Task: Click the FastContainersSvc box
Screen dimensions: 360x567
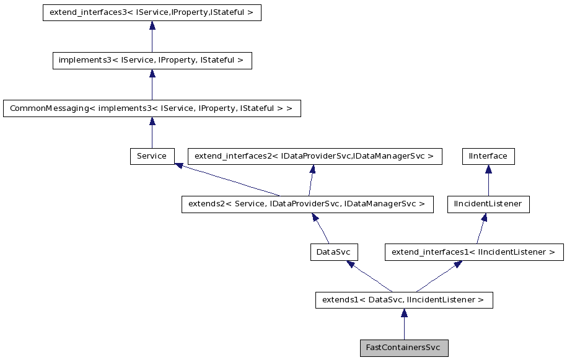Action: click(403, 348)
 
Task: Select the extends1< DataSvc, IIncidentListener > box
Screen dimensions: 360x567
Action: click(403, 300)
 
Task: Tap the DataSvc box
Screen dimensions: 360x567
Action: click(334, 252)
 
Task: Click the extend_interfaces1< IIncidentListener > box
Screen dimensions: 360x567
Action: click(474, 252)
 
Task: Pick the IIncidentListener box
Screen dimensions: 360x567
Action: click(488, 204)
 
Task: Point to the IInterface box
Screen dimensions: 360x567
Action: click(488, 156)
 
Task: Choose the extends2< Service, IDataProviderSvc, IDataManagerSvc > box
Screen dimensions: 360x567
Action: click(307, 204)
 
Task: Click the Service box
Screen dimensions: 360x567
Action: click(152, 156)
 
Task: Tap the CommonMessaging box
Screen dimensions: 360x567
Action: click(152, 108)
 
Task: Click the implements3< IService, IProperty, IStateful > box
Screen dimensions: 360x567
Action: click(152, 61)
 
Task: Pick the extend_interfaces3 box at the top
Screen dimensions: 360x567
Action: click(152, 12)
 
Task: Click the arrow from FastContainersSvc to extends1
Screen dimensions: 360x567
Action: click(403, 324)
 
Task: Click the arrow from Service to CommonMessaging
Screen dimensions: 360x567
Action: click(152, 133)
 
